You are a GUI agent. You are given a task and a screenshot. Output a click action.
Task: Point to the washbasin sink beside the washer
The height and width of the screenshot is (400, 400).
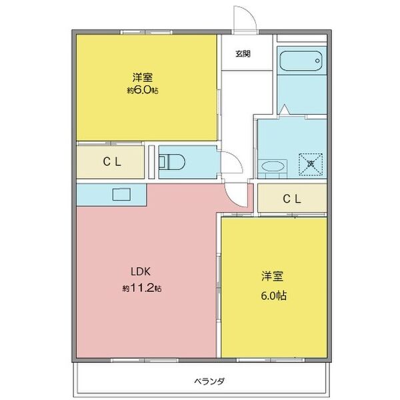coord(273,166)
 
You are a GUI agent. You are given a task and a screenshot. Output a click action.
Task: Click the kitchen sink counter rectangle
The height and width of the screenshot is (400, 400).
coord(124,195)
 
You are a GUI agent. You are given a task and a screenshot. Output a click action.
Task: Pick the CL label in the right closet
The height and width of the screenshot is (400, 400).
coord(291,199)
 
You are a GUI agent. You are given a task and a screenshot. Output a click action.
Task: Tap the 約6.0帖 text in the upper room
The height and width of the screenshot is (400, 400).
coord(143,90)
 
